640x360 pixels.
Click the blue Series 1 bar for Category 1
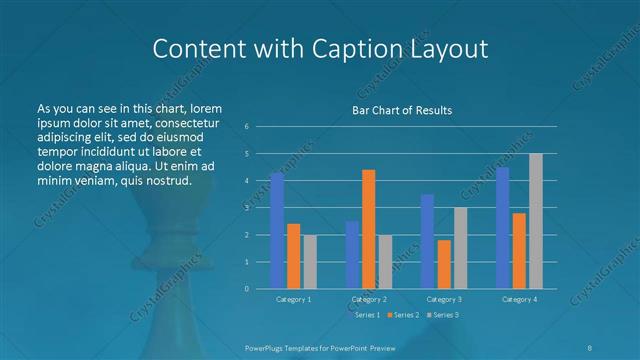(277, 230)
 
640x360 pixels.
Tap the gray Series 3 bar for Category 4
(535, 220)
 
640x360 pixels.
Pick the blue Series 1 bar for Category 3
(427, 241)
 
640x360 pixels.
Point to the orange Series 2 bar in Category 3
(444, 264)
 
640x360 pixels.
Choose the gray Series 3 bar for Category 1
(310, 261)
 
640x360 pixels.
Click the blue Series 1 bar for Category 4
(502, 227)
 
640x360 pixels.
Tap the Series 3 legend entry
(445, 315)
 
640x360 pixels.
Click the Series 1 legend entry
(365, 315)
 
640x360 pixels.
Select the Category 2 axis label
(369, 299)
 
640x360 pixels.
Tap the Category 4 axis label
(519, 299)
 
